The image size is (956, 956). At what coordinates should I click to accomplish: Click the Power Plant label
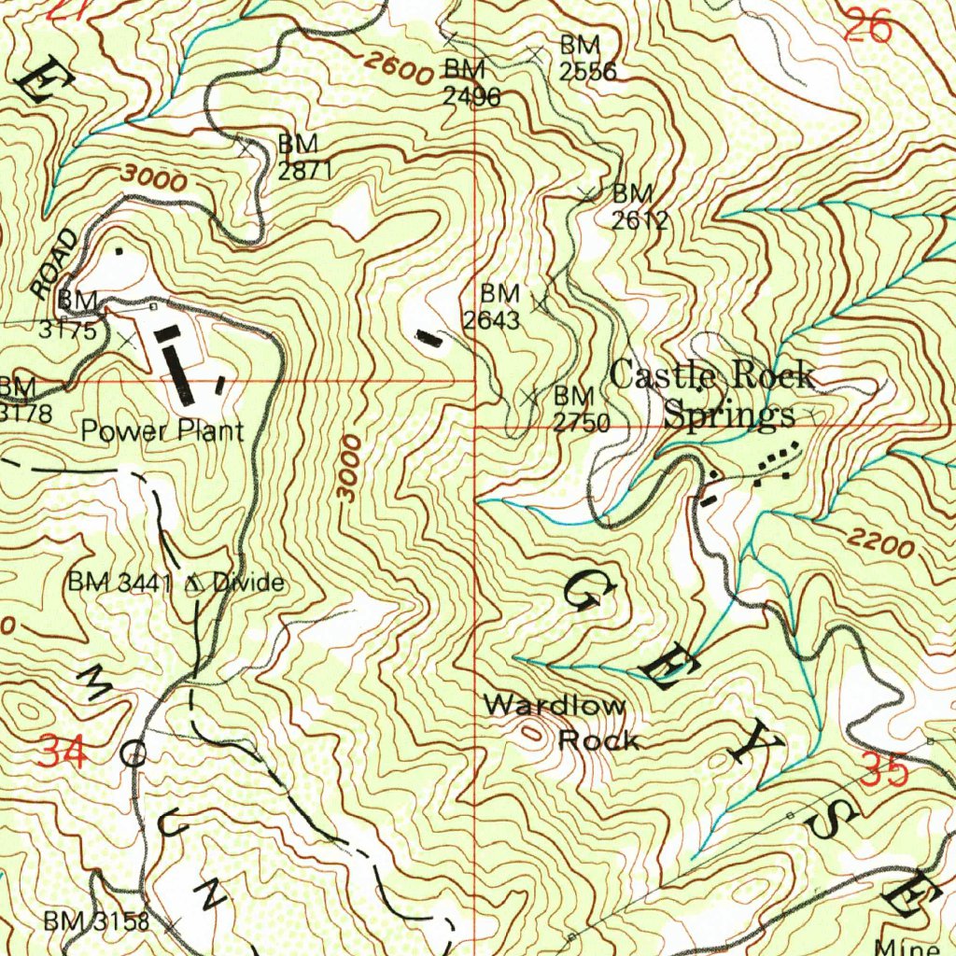tap(162, 430)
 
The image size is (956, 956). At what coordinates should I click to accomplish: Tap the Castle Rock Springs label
tap(713, 396)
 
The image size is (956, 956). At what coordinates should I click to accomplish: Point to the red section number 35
tap(884, 772)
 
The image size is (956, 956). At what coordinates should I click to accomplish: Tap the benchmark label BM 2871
tap(299, 157)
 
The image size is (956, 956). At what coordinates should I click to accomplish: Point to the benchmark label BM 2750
tap(580, 409)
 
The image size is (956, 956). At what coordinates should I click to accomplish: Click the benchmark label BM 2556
tap(585, 58)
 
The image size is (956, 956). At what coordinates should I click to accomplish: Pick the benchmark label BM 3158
tap(96, 921)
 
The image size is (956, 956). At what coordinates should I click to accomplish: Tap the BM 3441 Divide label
tap(175, 583)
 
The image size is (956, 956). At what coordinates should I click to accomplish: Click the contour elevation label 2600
tap(398, 67)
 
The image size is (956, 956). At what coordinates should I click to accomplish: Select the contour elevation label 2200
tap(881, 542)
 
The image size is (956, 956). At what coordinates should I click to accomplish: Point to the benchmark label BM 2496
tap(471, 82)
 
